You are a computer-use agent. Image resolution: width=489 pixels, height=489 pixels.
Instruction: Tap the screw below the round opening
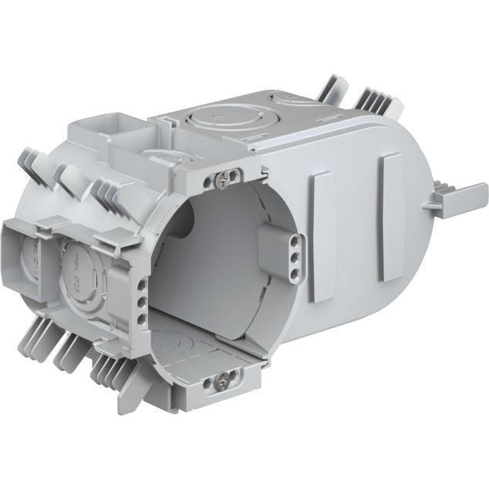point(223,379)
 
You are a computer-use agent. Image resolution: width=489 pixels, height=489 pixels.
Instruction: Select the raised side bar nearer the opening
point(323,234)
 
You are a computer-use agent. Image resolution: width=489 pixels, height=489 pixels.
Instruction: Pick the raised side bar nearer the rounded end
point(391,215)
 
